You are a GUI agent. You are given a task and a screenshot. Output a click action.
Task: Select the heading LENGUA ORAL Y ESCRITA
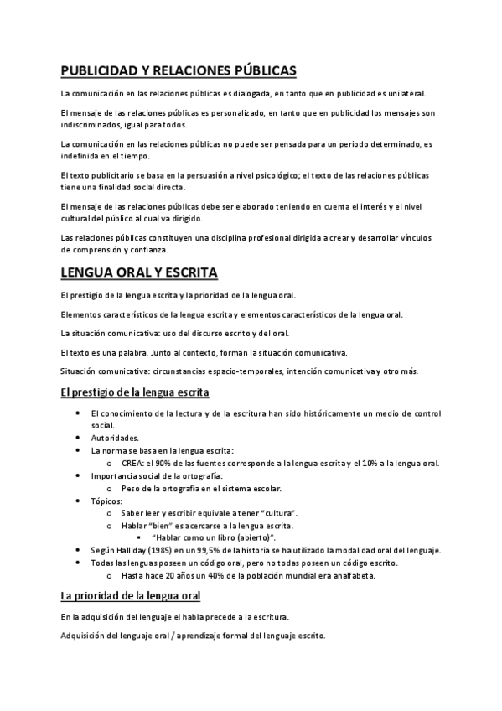pos(139,273)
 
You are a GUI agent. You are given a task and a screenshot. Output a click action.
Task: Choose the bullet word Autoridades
pos(115,438)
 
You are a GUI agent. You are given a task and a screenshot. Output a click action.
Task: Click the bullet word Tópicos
pos(106,500)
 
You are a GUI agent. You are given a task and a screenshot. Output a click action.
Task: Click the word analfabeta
pos(351,575)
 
